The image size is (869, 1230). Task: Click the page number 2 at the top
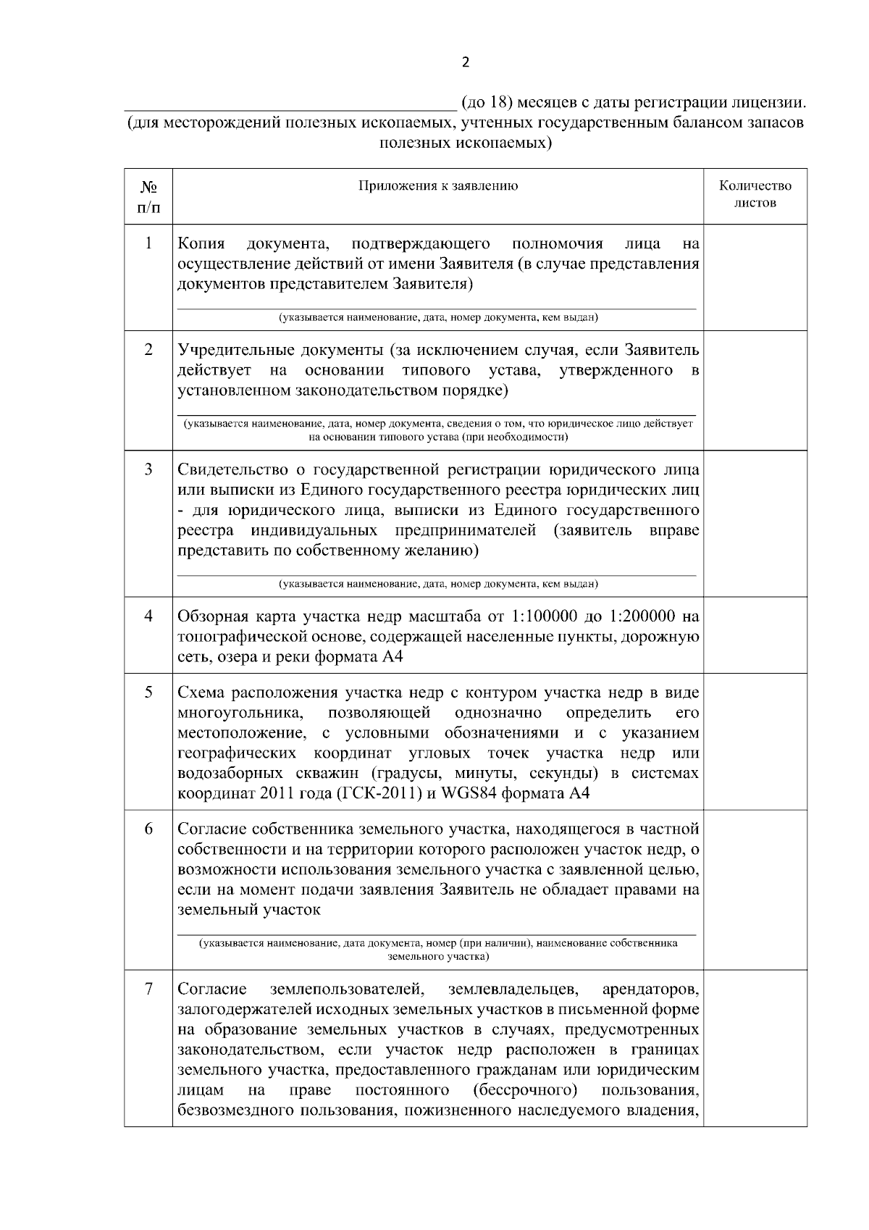(465, 62)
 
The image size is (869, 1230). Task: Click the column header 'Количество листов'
(755, 194)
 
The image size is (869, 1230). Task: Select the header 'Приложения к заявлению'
(438, 186)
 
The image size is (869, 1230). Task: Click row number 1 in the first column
(148, 243)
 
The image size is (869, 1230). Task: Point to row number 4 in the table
(148, 616)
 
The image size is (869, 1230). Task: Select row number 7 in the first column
(148, 989)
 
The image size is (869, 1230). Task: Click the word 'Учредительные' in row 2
(234, 351)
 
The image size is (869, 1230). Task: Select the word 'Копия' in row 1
(201, 243)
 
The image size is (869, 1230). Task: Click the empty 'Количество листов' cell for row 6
(755, 890)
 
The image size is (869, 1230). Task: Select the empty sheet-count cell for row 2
(755, 390)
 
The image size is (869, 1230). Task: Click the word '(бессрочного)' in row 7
(524, 1091)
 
